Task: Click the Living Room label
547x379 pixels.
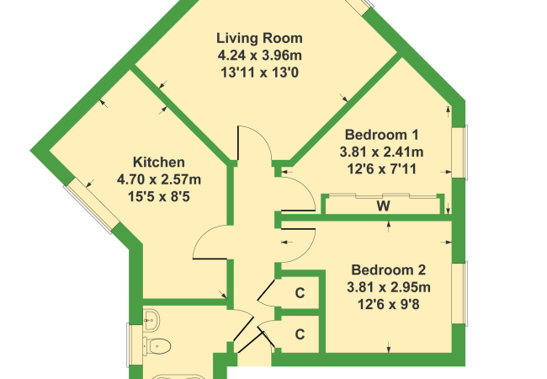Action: (259, 38)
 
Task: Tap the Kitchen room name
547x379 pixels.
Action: (159, 163)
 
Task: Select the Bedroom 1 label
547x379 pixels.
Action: (382, 135)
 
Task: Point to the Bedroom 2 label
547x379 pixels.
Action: (389, 270)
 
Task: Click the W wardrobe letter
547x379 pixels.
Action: (384, 206)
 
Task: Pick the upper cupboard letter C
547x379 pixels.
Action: (300, 293)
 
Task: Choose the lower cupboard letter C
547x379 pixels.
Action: (300, 334)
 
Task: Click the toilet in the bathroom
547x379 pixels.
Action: (157, 346)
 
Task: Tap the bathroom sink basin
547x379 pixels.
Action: (151, 320)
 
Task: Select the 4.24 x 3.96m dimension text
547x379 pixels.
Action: (260, 56)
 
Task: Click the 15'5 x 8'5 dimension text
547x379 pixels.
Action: (159, 197)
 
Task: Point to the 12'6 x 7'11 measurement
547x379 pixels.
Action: (382, 169)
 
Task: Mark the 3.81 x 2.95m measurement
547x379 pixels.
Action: (389, 287)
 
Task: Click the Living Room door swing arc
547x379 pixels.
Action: (267, 137)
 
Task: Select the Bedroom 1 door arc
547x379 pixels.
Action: (309, 189)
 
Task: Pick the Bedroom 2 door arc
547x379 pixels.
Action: (310, 249)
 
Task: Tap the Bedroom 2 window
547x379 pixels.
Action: (459, 293)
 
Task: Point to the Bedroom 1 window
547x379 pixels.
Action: (459, 152)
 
